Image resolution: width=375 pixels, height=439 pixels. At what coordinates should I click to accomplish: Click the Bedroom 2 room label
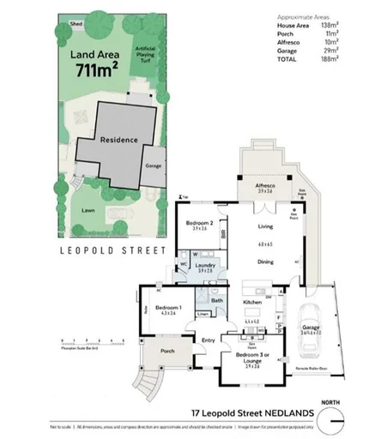201,223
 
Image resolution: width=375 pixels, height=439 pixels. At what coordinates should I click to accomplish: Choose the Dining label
265,262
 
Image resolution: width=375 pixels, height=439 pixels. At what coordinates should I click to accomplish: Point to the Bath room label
219,300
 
